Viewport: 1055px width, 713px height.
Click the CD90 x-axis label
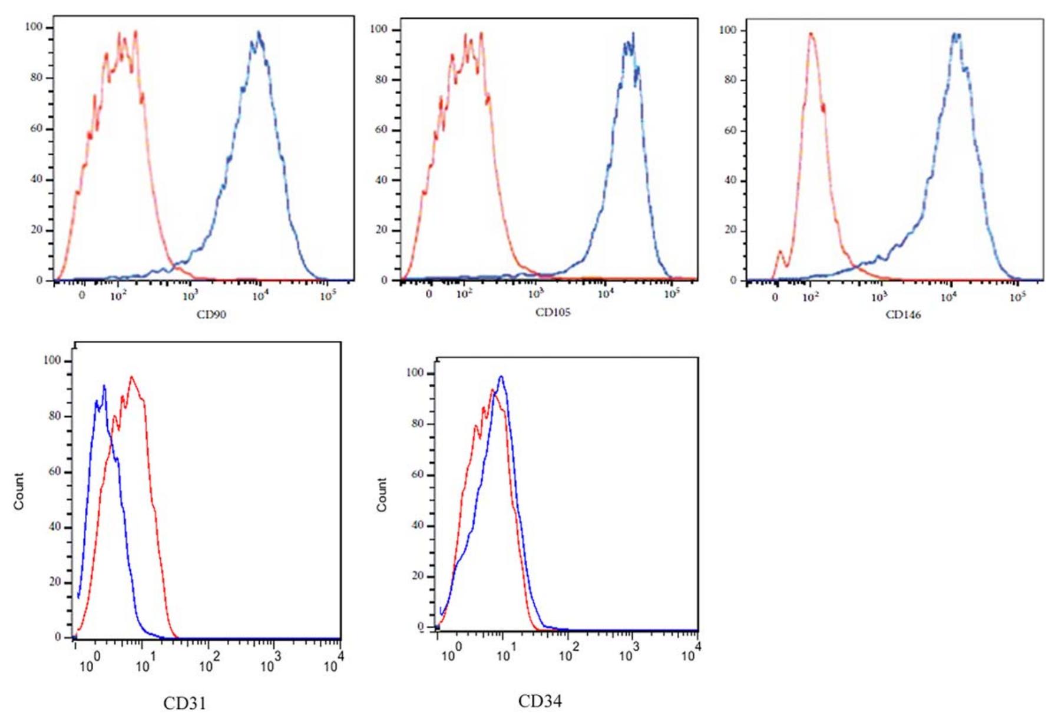point(211,314)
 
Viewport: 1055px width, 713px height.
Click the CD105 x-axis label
point(553,313)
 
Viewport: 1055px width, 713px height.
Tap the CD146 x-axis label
point(903,315)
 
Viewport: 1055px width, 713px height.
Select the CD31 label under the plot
point(184,703)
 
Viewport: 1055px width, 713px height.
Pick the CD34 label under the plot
point(540,701)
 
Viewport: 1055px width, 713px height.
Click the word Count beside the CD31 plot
point(19,491)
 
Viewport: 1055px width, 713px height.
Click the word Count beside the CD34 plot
point(382,495)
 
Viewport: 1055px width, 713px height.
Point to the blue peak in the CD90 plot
point(258,33)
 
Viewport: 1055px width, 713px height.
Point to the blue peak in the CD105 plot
point(633,34)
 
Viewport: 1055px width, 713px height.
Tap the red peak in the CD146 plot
point(811,34)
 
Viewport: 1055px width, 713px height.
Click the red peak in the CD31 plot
point(131,377)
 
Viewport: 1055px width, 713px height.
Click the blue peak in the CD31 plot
point(104,387)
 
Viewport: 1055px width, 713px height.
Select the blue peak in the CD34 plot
point(501,377)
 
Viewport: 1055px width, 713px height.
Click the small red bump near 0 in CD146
point(780,252)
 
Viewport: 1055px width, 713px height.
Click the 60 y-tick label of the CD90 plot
point(37,128)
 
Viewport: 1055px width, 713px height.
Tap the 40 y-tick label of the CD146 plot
point(730,180)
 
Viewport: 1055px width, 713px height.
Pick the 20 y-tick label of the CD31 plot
point(55,582)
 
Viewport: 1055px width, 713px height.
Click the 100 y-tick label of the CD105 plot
point(379,29)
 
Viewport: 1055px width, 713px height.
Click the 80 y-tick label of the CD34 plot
point(418,423)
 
